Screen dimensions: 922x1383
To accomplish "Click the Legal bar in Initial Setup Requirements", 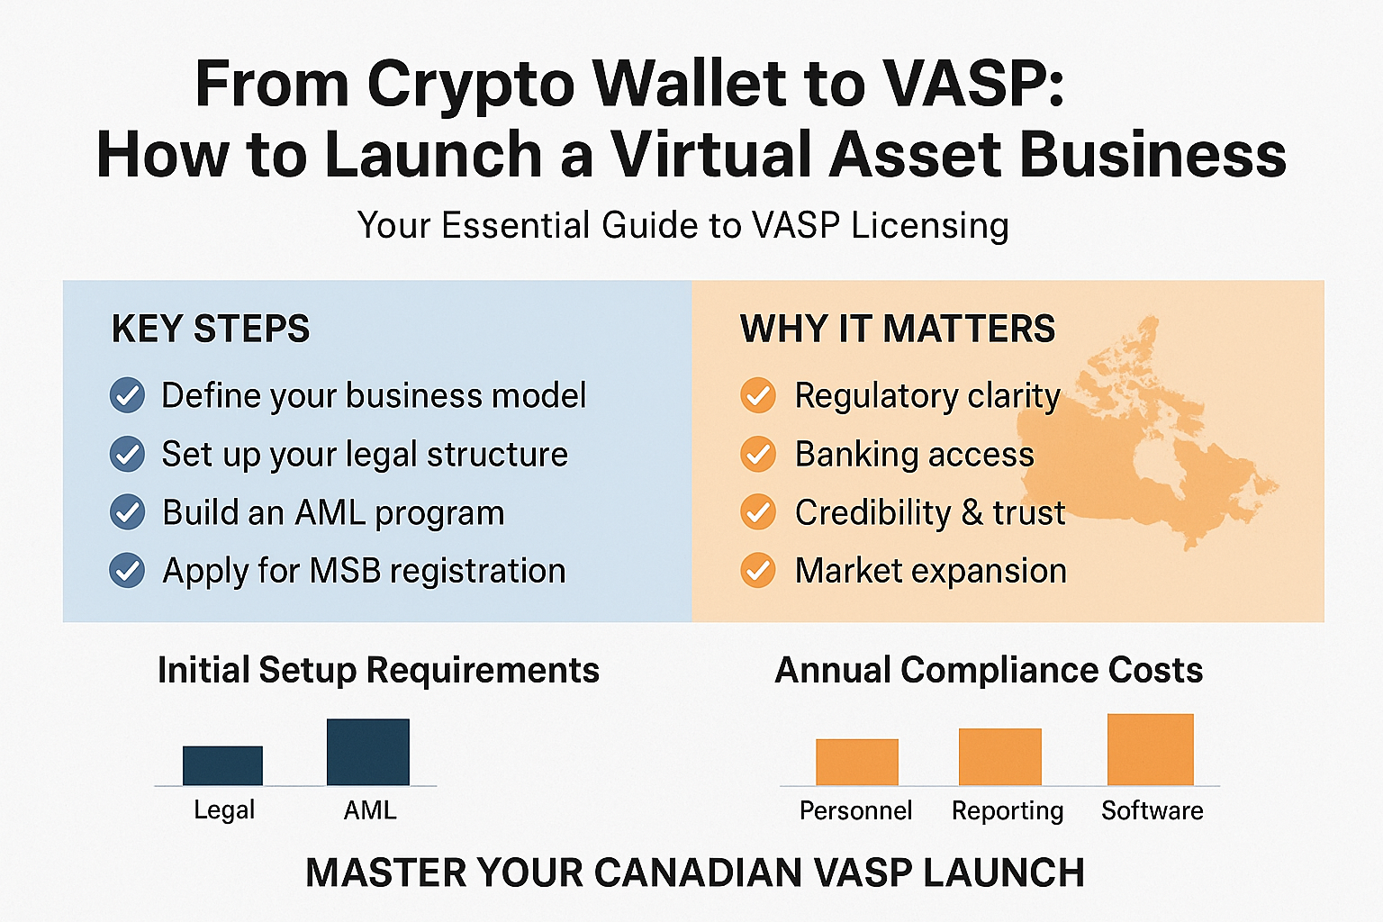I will [222, 765].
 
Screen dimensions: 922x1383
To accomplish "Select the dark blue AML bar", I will [367, 752].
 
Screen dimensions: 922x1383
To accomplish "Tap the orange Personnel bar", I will [856, 762].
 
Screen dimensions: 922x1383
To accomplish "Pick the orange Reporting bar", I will [999, 756].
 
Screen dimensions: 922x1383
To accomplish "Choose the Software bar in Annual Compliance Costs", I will [1150, 749].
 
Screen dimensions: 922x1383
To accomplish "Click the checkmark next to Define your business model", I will [127, 395].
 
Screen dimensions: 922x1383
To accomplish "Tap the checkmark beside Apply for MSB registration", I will [127, 571].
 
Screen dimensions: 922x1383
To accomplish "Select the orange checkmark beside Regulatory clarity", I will [758, 395].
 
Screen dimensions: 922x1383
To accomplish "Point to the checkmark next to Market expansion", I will [758, 571].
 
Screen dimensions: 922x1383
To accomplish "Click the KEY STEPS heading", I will [211, 329].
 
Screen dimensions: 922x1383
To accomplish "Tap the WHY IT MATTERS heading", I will [898, 329].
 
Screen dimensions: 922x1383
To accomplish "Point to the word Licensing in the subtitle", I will [929, 225].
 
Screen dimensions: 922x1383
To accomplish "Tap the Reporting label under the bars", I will [1008, 810].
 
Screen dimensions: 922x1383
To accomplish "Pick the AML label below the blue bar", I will [370, 810].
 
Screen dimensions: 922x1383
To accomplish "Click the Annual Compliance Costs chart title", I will [989, 670].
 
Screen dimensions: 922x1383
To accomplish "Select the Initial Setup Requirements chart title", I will [378, 670].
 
